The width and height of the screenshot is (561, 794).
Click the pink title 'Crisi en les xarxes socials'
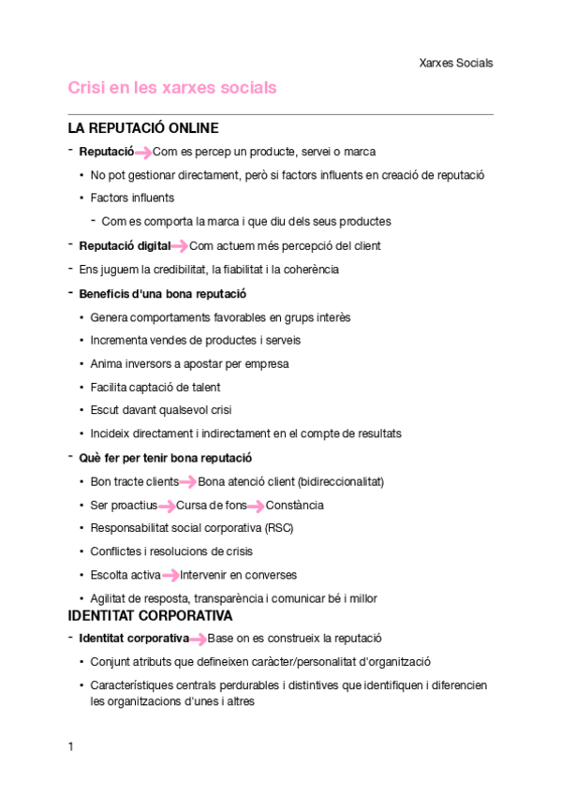point(172,88)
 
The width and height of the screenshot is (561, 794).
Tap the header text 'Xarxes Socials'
point(456,64)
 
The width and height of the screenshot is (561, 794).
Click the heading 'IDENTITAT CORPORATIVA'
point(150,616)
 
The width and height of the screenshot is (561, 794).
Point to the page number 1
point(71,746)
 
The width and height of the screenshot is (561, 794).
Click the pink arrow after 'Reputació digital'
point(180,246)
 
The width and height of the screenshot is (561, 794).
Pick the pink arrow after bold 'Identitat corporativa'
point(199,640)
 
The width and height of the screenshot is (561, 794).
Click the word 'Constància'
point(295,506)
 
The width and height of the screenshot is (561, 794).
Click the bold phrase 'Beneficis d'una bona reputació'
point(156,294)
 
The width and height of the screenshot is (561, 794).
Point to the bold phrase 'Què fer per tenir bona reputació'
point(165,458)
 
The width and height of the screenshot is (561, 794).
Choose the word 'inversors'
point(147,364)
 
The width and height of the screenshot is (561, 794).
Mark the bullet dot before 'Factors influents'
point(82,198)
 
